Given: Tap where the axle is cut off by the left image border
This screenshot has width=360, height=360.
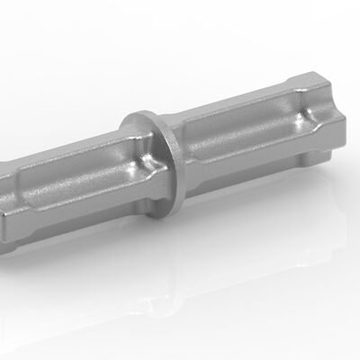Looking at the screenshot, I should [3, 193].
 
